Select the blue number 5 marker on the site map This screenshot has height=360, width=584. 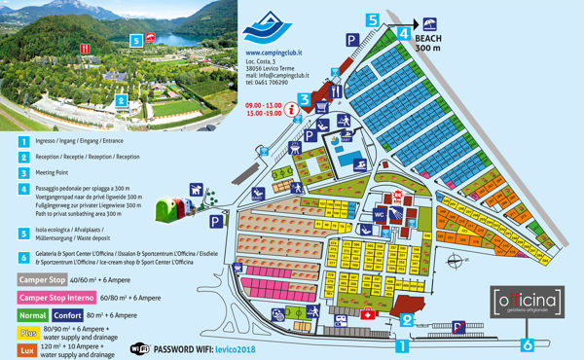tap(372, 19)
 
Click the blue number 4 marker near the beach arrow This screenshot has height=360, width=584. tap(402, 32)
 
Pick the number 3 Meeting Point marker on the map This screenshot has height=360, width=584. tap(305, 98)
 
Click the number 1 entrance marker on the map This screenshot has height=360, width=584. tap(403, 343)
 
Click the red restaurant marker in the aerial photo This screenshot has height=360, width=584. tap(87, 47)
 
